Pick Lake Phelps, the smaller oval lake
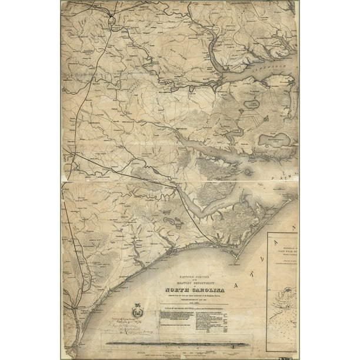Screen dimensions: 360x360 point(252,104)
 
